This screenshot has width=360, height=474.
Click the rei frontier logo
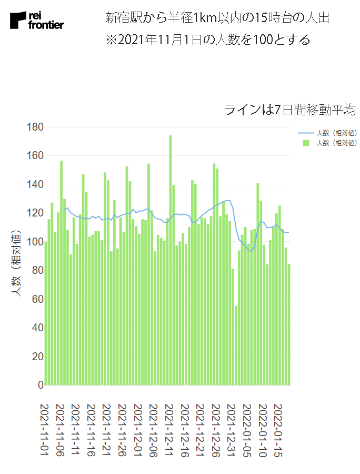pos(37,21)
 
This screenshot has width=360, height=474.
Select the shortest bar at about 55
pos(236,345)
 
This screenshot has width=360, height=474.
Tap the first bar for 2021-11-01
pos(46,313)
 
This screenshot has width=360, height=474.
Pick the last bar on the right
pos(289,324)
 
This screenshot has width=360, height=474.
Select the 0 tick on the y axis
pos(39,385)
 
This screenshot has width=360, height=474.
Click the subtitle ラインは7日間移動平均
pos(290,110)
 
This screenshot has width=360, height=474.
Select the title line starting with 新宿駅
pos(217,18)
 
